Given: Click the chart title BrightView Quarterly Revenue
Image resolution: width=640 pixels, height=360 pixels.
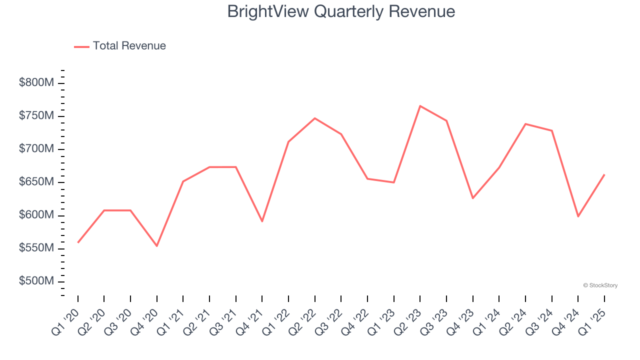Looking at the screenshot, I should click(x=341, y=11).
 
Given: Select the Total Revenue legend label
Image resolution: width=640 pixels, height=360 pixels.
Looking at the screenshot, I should click(x=129, y=46).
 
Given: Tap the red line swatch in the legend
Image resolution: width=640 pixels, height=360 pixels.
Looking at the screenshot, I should click(x=81, y=46).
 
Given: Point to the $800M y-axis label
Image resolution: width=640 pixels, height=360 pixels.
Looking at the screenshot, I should click(x=36, y=83).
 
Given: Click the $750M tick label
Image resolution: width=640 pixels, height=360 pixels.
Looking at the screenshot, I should click(x=36, y=116).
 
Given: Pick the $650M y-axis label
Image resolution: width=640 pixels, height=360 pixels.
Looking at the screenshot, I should click(x=36, y=182).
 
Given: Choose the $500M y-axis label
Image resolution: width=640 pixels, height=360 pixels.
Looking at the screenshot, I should click(x=36, y=281).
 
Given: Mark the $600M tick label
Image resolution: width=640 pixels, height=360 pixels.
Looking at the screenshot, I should click(x=36, y=215).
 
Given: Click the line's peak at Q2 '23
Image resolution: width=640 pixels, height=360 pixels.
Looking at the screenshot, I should click(x=420, y=106).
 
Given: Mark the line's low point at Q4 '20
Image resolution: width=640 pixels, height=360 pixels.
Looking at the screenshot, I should click(x=157, y=245).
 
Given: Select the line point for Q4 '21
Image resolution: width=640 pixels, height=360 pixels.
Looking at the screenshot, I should click(x=262, y=221).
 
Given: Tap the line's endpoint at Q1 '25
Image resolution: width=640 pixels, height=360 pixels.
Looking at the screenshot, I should click(x=604, y=175).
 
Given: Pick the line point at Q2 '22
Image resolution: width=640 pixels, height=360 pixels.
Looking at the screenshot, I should click(x=315, y=118).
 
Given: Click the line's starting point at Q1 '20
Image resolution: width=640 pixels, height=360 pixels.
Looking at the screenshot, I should click(x=78, y=242).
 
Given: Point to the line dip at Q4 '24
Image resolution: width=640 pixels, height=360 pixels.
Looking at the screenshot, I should click(x=578, y=216).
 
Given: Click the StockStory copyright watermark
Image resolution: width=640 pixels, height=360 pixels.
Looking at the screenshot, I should click(x=600, y=285).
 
